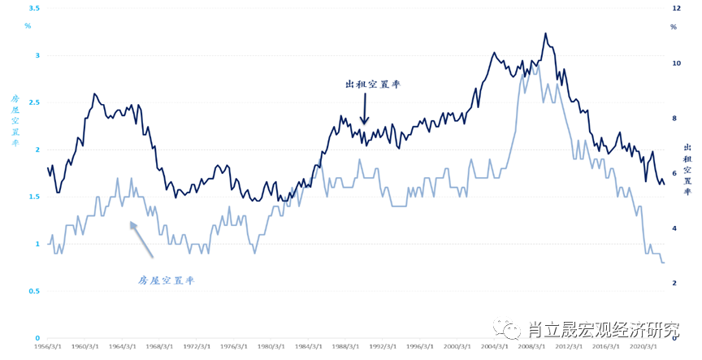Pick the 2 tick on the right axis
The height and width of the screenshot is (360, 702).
(x=674, y=283)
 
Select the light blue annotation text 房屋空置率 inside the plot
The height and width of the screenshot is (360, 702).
(x=166, y=280)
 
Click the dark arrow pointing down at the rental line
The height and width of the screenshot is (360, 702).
(x=365, y=110)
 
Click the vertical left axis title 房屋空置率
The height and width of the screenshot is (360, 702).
(x=15, y=122)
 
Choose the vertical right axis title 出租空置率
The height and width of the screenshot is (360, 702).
(x=687, y=169)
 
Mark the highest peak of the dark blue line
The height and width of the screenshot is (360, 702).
(x=545, y=33)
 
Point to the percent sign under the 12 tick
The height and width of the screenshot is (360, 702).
(x=674, y=27)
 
